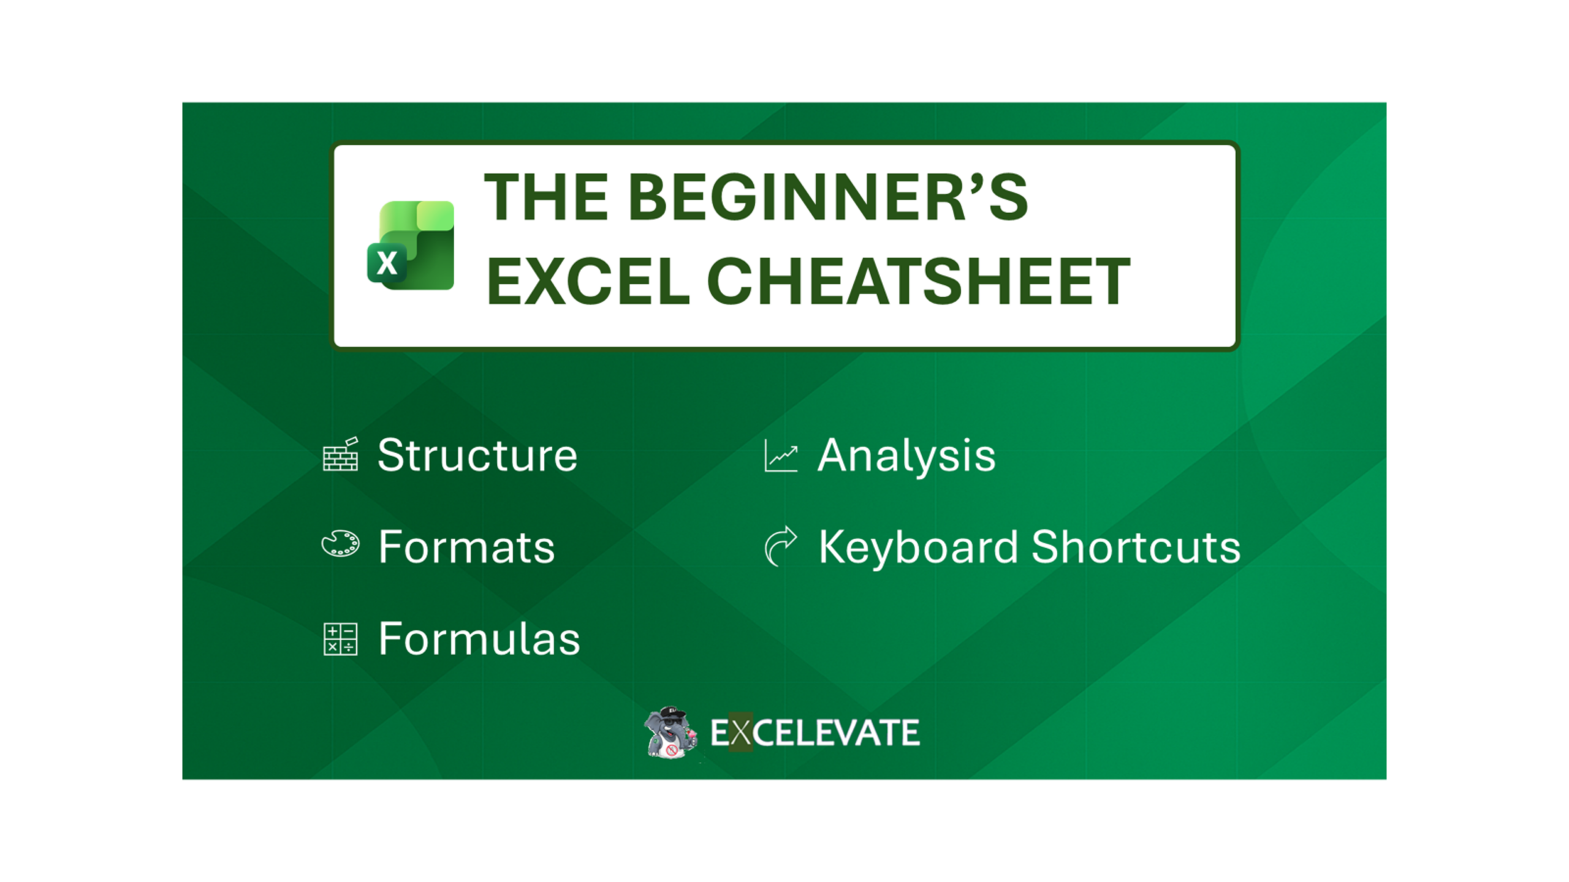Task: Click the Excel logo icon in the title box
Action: tap(411, 245)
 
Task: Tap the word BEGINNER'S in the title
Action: tap(827, 197)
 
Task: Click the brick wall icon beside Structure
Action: tap(341, 454)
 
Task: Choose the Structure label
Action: tap(477, 456)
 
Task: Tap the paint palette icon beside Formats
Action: tap(341, 544)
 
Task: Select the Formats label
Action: tap(466, 547)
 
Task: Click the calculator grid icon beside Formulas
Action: tap(340, 639)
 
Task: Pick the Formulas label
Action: tap(479, 639)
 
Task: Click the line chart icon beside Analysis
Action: tap(781, 456)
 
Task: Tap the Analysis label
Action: tap(906, 456)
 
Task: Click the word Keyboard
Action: tap(918, 547)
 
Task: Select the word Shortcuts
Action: tap(1136, 547)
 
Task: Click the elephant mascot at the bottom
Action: tap(671, 732)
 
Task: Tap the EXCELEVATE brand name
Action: tap(815, 733)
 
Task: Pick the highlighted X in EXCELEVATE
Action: tap(740, 733)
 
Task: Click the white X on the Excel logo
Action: tap(387, 263)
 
